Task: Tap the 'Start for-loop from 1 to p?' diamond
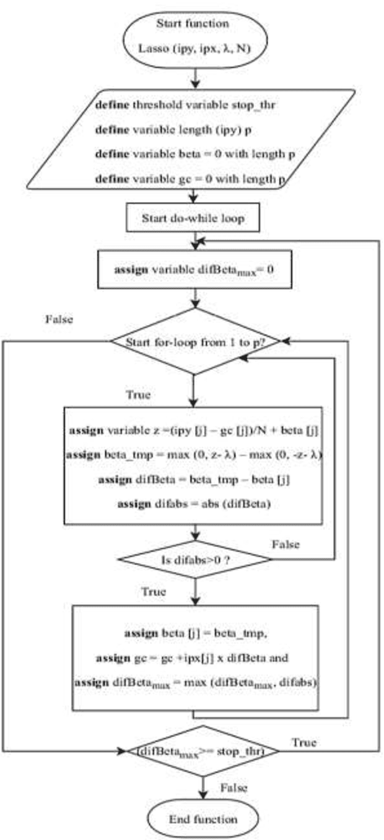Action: tap(195, 341)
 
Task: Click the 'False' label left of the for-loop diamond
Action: tap(59, 319)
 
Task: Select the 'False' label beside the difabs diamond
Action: tap(286, 544)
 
